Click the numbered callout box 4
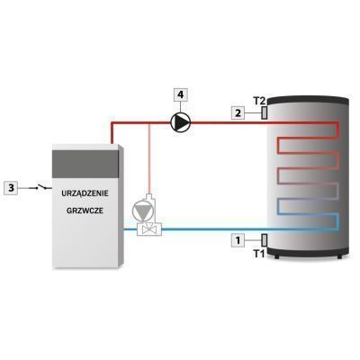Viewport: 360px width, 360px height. (x=180, y=94)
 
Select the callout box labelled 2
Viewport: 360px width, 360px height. (x=238, y=113)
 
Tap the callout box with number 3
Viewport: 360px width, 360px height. (x=11, y=188)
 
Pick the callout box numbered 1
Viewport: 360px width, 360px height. (x=238, y=240)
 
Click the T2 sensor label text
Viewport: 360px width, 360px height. (x=258, y=101)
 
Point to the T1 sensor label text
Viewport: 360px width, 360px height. (x=259, y=254)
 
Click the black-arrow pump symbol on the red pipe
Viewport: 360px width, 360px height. (x=181, y=122)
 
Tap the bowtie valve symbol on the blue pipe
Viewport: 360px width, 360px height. (x=149, y=230)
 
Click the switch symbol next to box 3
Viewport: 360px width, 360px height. (x=40, y=187)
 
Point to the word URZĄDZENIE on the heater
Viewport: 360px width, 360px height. (x=85, y=193)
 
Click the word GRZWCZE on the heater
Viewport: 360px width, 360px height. (x=85, y=211)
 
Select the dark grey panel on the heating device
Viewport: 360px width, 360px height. (x=85, y=164)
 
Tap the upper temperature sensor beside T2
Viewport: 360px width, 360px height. (x=265, y=113)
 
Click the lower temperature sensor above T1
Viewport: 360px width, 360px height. (x=265, y=240)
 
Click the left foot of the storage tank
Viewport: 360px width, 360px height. (x=276, y=256)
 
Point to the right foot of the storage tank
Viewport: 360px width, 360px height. (x=339, y=256)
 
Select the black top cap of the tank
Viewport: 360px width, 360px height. (x=308, y=100)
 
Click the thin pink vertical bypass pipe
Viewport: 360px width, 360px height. (x=149, y=158)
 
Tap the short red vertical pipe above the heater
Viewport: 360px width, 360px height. (x=112, y=133)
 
